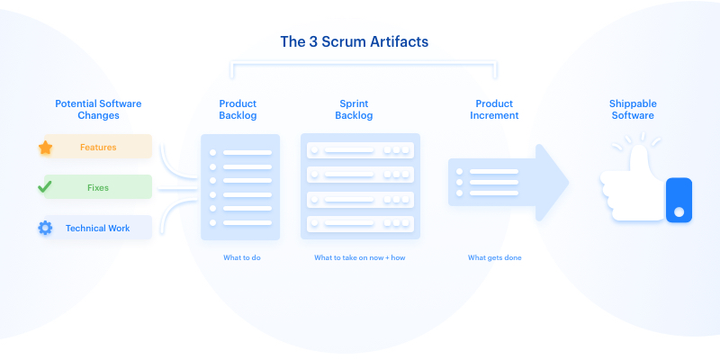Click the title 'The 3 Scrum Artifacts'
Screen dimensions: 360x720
coord(361,42)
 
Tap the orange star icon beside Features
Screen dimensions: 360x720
coord(45,147)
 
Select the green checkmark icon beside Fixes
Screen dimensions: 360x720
coord(44,187)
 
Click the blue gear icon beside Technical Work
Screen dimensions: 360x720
coord(45,229)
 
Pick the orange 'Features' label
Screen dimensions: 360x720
coord(98,147)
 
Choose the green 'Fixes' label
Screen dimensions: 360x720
coord(98,187)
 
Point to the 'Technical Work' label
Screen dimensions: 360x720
coord(97,229)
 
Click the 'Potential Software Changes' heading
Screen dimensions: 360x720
coord(97,110)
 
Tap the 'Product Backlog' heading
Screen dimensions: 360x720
coord(238,110)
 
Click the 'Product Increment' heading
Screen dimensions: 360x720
coord(494,110)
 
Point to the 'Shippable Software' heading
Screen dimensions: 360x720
coord(632,110)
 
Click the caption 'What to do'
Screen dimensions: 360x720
coord(242,258)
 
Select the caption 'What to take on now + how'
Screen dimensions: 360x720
coord(360,258)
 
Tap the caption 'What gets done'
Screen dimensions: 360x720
coord(495,258)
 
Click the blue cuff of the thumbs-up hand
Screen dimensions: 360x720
coord(679,200)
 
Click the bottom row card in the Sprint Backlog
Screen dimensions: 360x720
coord(360,223)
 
